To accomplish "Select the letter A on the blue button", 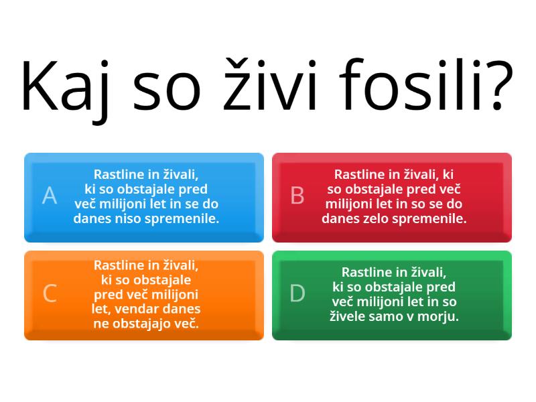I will tap(50, 195).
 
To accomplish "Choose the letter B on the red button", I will tap(297, 195).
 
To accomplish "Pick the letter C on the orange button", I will tap(50, 293).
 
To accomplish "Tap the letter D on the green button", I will tap(297, 293).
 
